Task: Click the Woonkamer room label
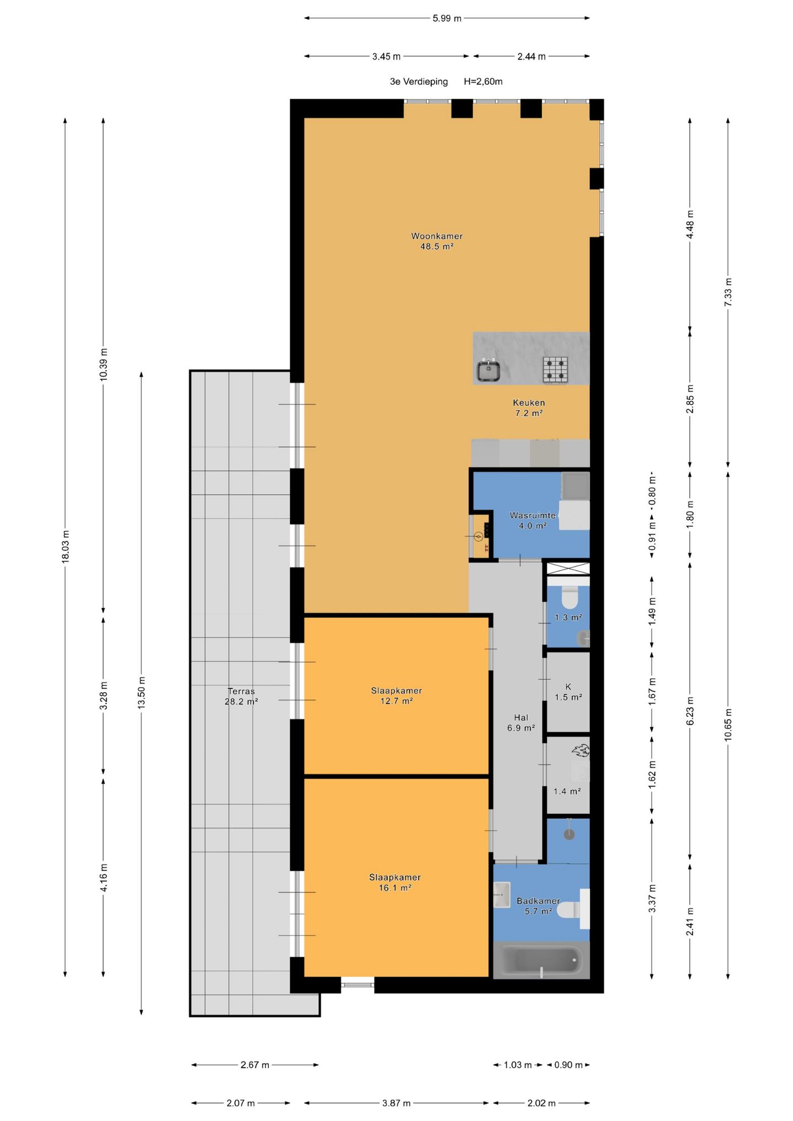[437, 236]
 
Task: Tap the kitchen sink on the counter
[488, 370]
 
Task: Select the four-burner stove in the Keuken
[555, 369]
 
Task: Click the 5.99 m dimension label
[447, 18]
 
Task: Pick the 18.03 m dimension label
[65, 546]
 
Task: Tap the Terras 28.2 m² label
[241, 696]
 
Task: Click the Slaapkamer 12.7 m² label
[397, 696]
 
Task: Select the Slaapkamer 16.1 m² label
[395, 883]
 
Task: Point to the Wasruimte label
[533, 515]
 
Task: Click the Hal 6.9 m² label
[521, 723]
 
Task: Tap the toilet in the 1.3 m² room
[569, 597]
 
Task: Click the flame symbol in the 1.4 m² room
[580, 750]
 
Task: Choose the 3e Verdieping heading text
[419, 81]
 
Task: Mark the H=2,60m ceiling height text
[483, 81]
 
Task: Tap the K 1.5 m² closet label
[568, 692]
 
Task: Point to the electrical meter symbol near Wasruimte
[477, 536]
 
